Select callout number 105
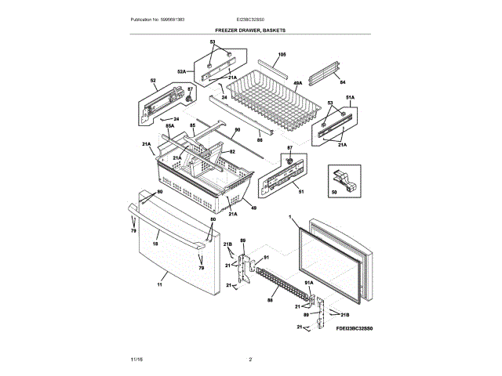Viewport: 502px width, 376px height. (282, 55)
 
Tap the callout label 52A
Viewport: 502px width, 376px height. (182, 72)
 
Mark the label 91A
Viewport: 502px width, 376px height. (309, 283)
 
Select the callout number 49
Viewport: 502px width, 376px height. (253, 208)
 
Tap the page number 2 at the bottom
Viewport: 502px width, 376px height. (249, 359)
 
